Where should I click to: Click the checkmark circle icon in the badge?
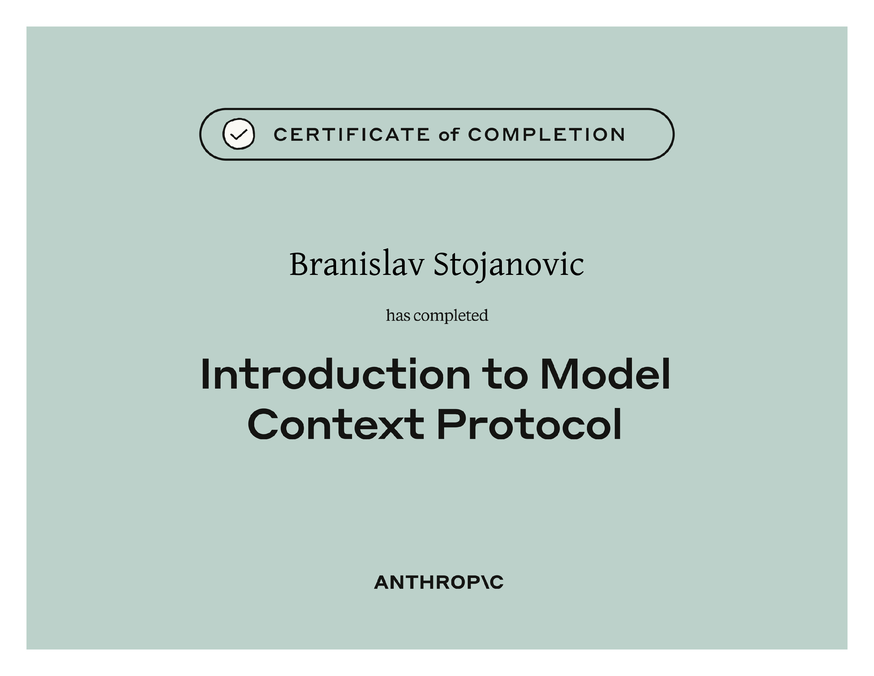click(239, 134)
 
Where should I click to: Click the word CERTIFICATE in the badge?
click(352, 135)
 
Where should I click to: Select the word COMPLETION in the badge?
click(547, 135)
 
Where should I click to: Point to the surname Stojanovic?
click(509, 266)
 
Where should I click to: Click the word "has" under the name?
click(398, 315)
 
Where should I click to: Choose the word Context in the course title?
click(336, 424)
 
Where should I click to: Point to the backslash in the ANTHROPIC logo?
click(483, 583)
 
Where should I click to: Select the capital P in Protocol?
click(449, 424)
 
